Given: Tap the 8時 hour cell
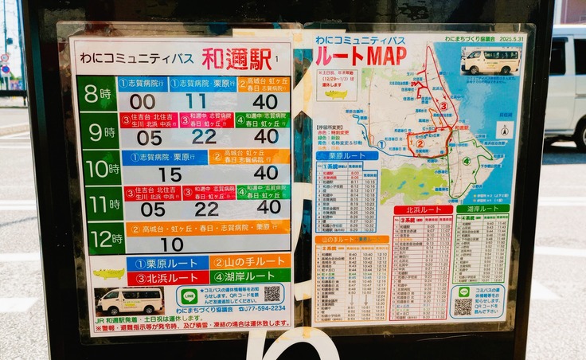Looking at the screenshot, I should pyautogui.click(x=99, y=94).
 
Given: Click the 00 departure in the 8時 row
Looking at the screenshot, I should pyautogui.click(x=143, y=102).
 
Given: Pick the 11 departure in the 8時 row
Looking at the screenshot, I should pyautogui.click(x=196, y=101).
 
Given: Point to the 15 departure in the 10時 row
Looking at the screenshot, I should pyautogui.click(x=170, y=174).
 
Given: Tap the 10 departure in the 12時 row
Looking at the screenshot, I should pyautogui.click(x=172, y=245).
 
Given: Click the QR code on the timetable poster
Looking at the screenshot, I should pyautogui.click(x=272, y=294).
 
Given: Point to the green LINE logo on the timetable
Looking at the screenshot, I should pyautogui.click(x=189, y=295).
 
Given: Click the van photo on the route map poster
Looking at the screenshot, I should pyautogui.click(x=490, y=61).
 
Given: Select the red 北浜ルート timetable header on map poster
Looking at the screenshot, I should pyautogui.click(x=423, y=210).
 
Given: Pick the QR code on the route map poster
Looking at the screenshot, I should pyautogui.click(x=463, y=304).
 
